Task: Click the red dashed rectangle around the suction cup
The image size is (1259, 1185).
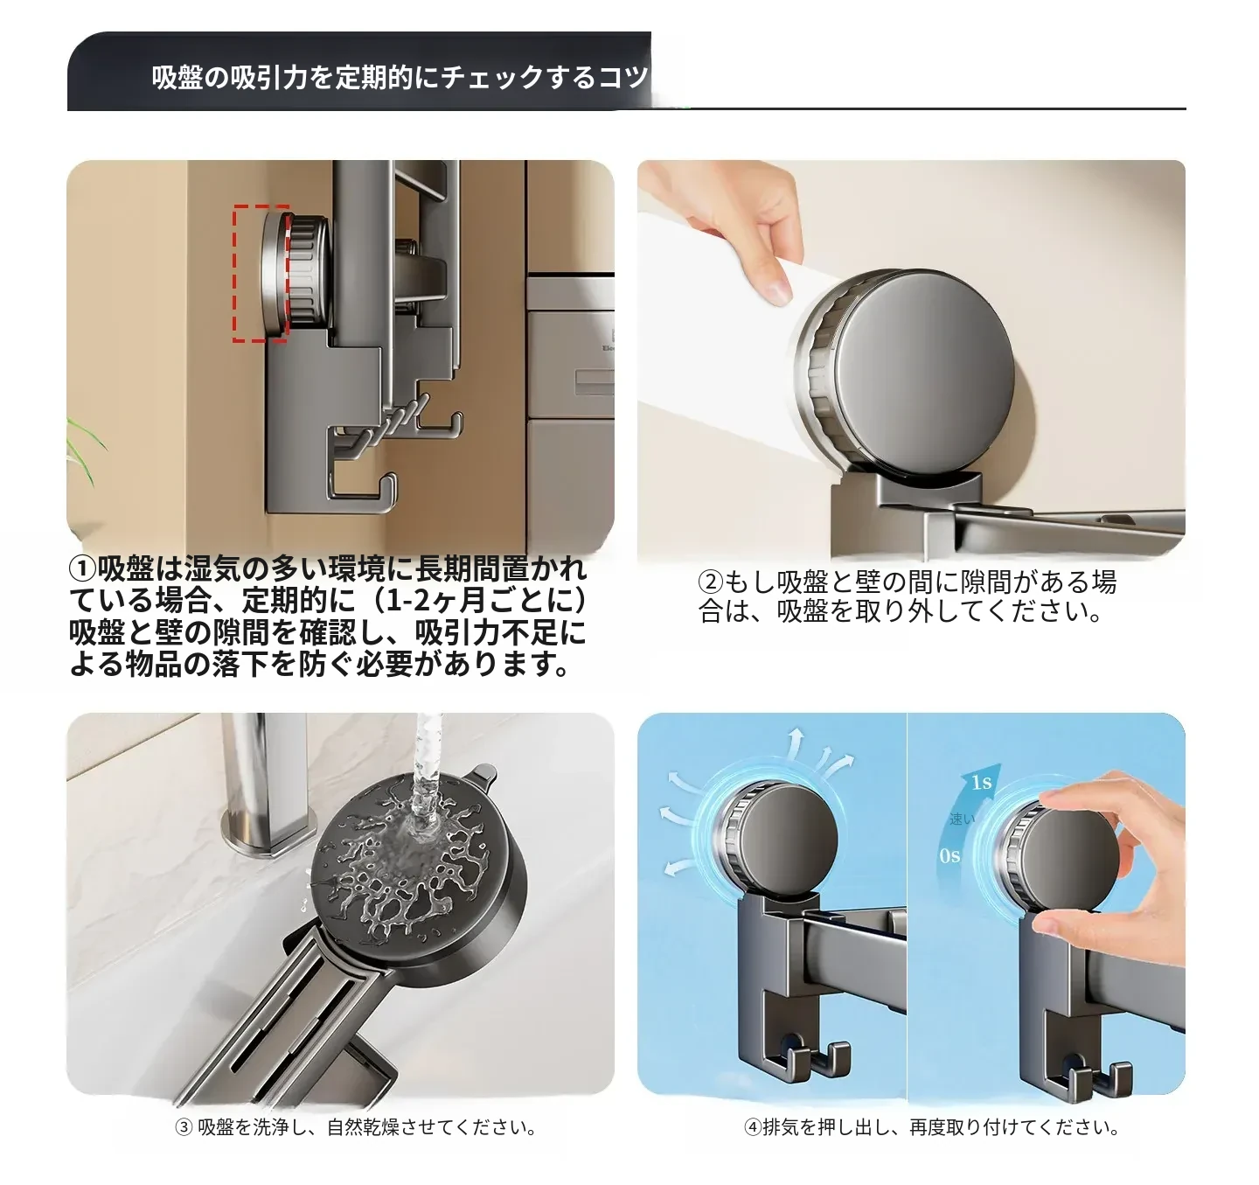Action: point(234,273)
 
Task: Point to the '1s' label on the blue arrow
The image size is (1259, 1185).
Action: point(981,782)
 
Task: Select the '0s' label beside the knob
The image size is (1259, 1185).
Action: point(949,856)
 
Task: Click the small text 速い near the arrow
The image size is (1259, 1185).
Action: point(962,819)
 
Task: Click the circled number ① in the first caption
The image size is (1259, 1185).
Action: point(82,569)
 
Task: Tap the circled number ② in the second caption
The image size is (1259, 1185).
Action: point(710,582)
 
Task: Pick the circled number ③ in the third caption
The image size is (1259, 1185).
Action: point(184,1127)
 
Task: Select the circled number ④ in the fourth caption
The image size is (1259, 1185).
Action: point(753,1127)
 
